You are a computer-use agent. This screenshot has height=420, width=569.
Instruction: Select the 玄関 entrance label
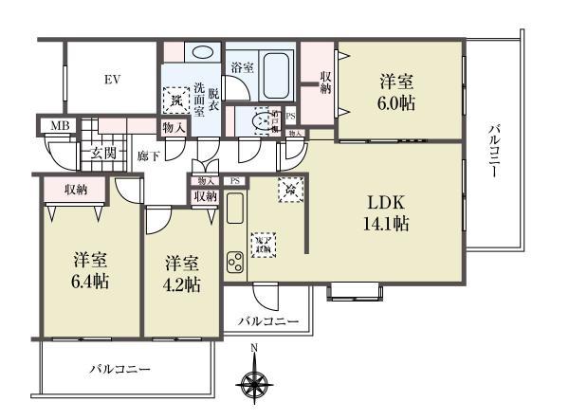click(102, 153)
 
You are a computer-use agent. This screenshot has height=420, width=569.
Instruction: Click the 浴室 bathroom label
click(242, 67)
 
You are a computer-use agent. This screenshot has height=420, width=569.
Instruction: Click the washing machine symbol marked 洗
click(174, 98)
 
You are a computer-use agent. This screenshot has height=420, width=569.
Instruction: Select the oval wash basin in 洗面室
click(202, 54)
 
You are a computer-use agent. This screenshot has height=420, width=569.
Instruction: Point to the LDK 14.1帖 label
click(388, 213)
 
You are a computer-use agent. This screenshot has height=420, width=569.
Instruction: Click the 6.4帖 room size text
click(90, 283)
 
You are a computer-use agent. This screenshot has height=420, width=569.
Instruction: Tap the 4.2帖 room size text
click(180, 284)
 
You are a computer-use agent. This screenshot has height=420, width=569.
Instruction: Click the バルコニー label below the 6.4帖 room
click(120, 368)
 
